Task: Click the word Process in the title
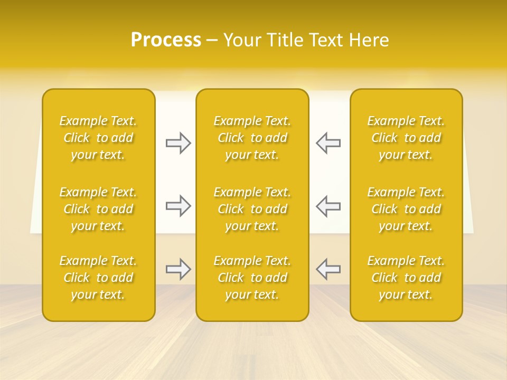pyautogui.click(x=166, y=40)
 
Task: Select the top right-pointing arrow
pyautogui.click(x=179, y=143)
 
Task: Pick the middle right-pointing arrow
pyautogui.click(x=179, y=206)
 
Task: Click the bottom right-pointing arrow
pyautogui.click(x=179, y=269)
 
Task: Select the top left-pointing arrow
pyautogui.click(x=328, y=143)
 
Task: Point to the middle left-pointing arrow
pyautogui.click(x=328, y=206)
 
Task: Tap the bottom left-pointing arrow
pyautogui.click(x=328, y=269)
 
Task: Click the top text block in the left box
pyautogui.click(x=98, y=138)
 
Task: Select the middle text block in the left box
pyautogui.click(x=98, y=209)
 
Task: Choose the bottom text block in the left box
pyautogui.click(x=98, y=278)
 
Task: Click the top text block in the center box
pyautogui.click(x=252, y=138)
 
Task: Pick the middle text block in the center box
pyautogui.click(x=252, y=209)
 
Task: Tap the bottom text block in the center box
pyautogui.click(x=252, y=278)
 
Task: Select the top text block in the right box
pyautogui.click(x=406, y=138)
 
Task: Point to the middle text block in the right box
pyautogui.click(x=406, y=209)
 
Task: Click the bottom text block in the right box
pyautogui.click(x=406, y=278)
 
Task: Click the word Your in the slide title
pyautogui.click(x=240, y=40)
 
